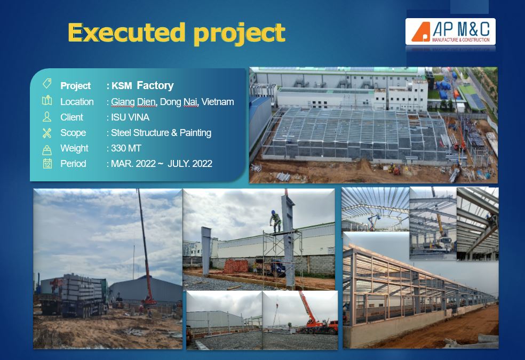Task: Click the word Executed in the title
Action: (126, 33)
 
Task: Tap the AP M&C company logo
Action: (450, 31)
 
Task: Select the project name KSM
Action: (122, 86)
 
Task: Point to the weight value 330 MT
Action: (126, 148)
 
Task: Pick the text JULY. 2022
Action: (190, 164)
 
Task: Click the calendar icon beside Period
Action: (47, 163)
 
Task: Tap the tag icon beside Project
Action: (47, 84)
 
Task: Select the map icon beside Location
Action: (47, 100)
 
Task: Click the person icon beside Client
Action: (47, 116)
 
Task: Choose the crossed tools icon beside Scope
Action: (47, 133)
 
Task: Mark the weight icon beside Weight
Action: (47, 150)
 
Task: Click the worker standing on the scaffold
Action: (276, 221)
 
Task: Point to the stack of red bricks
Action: (236, 266)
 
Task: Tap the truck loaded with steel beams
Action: (74, 295)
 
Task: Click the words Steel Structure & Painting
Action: (161, 133)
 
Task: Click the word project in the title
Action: (240, 34)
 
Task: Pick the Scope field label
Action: (73, 133)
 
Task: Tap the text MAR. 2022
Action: (133, 164)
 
